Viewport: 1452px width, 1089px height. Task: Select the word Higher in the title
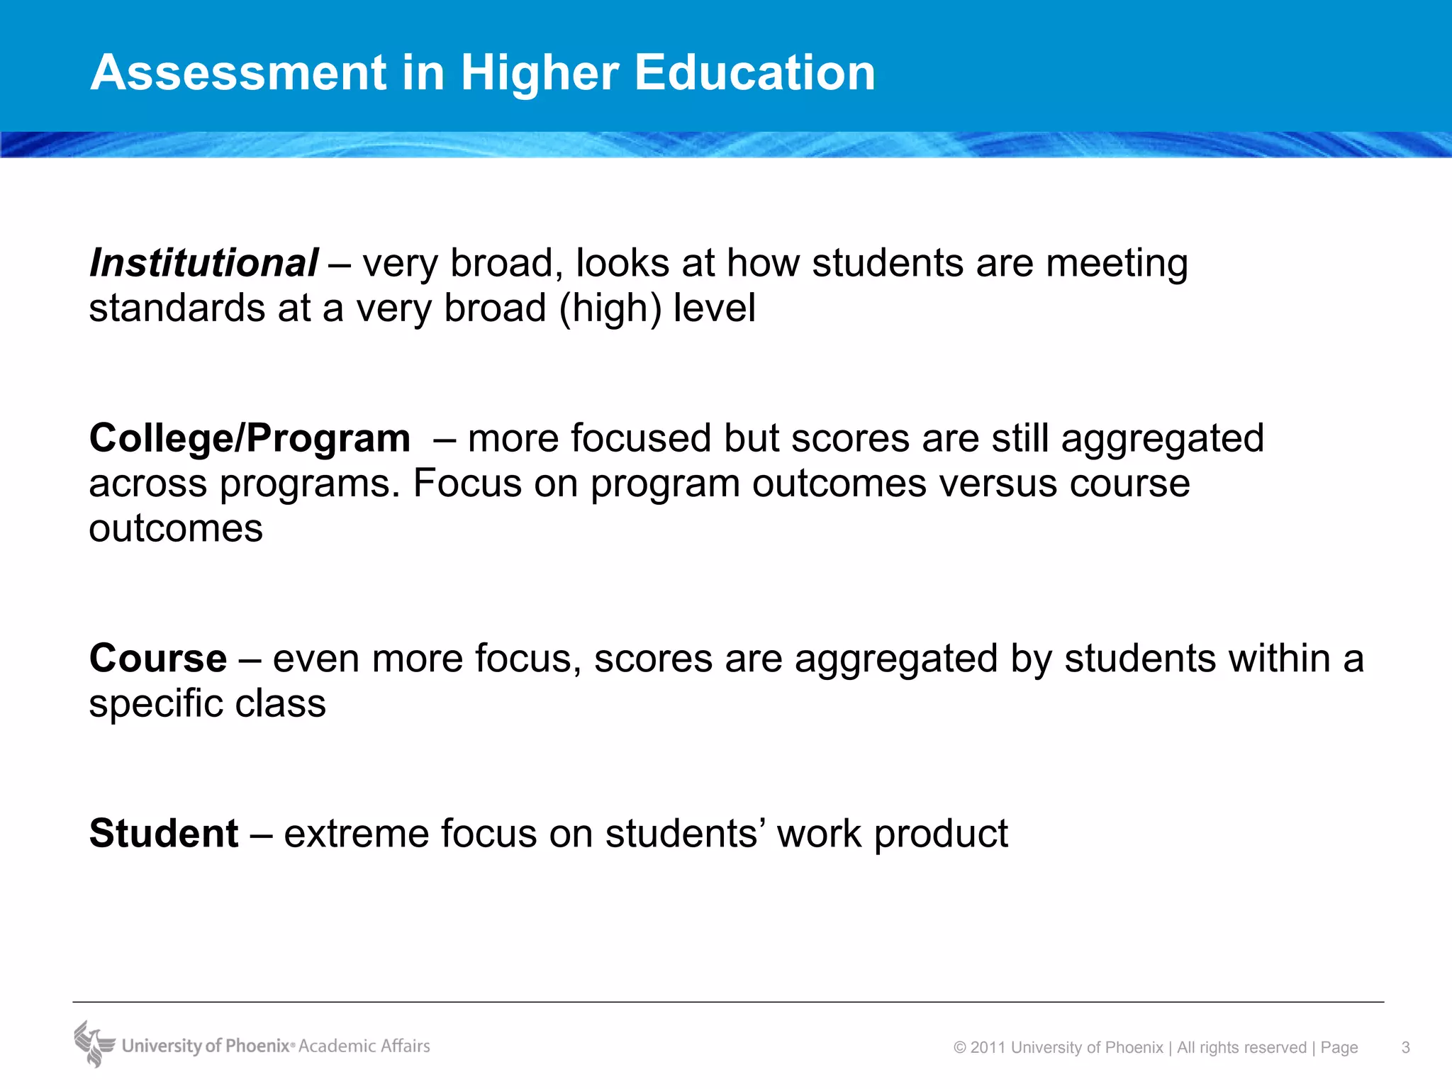540,74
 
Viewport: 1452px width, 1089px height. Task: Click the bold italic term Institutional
203,263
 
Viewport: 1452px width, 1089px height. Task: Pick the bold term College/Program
250,438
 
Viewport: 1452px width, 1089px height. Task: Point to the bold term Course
157,658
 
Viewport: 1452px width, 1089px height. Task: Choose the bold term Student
164,833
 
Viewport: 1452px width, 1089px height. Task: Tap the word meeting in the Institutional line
1117,264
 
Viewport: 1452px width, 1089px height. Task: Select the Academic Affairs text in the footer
364,1046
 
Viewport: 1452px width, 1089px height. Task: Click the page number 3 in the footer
1405,1047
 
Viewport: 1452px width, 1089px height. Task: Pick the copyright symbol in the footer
960,1047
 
